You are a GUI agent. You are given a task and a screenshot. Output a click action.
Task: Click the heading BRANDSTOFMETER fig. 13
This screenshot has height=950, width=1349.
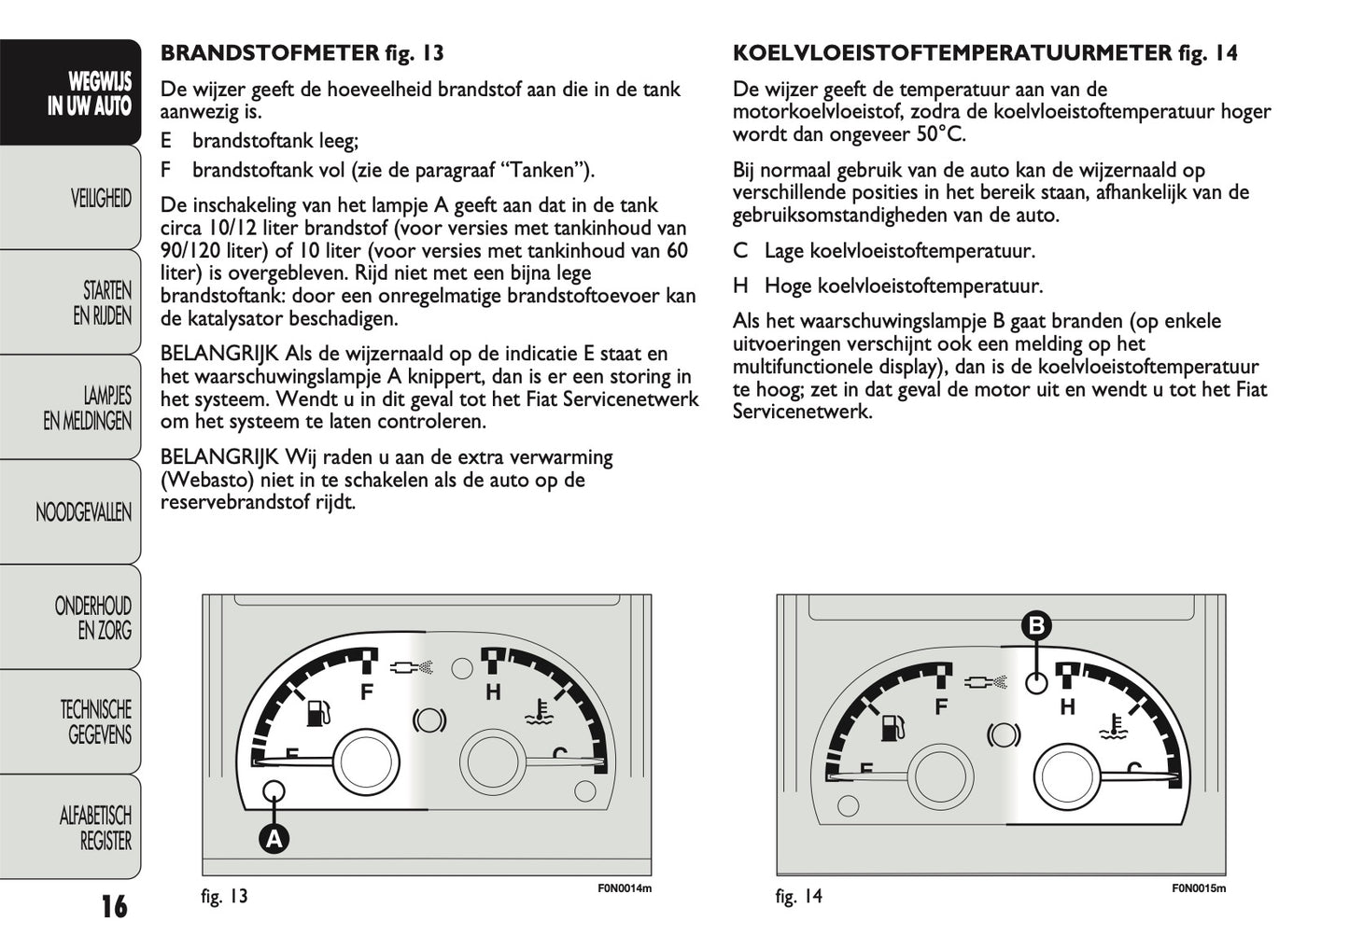(x=302, y=53)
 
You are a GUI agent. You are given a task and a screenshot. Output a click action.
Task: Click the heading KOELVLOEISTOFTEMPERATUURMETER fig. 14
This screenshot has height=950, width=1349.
(x=985, y=53)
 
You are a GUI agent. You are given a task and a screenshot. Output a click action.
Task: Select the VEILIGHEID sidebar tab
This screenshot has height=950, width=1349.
(x=101, y=198)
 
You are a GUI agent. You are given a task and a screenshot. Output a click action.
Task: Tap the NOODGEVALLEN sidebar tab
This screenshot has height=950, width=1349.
(x=84, y=511)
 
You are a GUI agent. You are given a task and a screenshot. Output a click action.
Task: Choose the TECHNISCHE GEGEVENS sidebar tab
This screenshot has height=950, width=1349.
(x=96, y=722)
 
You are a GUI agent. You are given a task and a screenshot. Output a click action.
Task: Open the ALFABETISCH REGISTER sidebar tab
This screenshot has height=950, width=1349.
(x=95, y=828)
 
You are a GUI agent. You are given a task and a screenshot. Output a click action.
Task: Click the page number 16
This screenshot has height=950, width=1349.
(x=114, y=906)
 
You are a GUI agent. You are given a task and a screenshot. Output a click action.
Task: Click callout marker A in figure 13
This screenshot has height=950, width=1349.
(x=274, y=838)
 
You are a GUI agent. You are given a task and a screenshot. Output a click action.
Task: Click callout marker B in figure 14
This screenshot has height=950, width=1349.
(x=1035, y=625)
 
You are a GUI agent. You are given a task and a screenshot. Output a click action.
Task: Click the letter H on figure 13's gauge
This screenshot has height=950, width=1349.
(x=493, y=692)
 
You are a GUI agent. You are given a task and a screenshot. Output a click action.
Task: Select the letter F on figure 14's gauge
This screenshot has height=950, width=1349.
(x=941, y=706)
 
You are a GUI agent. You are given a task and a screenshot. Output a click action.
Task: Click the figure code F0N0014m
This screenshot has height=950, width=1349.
(x=624, y=888)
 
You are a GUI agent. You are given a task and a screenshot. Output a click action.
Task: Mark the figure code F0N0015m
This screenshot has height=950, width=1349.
(x=1199, y=888)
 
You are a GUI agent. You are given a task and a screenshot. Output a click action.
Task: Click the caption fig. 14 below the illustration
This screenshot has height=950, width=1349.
(x=799, y=897)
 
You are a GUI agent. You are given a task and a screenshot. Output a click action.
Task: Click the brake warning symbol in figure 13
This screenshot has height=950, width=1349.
(x=429, y=719)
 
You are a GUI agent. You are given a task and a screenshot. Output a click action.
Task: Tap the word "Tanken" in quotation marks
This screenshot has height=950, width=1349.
(x=545, y=170)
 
